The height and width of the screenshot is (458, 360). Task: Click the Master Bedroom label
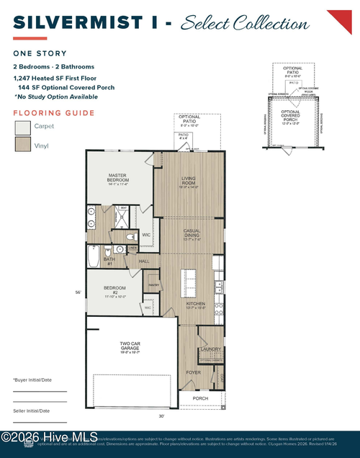pos(118,177)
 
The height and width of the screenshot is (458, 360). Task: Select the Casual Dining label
pos(191,234)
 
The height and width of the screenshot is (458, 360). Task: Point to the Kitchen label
pos(196,305)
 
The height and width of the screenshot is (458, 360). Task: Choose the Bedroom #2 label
pos(115,290)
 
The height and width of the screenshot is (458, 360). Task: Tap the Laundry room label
pos(212,349)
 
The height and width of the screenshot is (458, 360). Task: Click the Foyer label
pos(194,372)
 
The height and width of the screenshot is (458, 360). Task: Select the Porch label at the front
pos(200,398)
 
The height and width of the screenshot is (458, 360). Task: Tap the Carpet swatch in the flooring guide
pos(23,127)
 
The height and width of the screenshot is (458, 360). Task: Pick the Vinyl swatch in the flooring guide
pos(23,145)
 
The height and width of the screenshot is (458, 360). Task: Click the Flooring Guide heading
pos(54,113)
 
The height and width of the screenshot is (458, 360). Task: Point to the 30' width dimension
pos(162,416)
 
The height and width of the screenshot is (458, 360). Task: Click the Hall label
pos(143,261)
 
